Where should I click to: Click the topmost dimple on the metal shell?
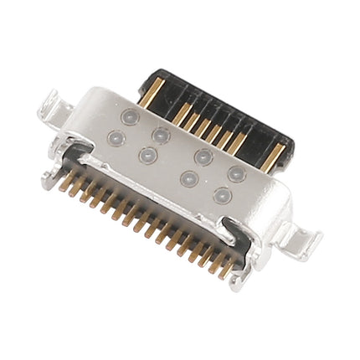[x=129, y=117]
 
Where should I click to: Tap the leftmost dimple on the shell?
[x=114, y=136]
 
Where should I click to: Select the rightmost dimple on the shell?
[x=237, y=174]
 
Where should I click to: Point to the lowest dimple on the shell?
[x=222, y=196]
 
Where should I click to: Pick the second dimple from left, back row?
[x=161, y=134]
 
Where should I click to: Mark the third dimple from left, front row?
[x=188, y=178]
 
